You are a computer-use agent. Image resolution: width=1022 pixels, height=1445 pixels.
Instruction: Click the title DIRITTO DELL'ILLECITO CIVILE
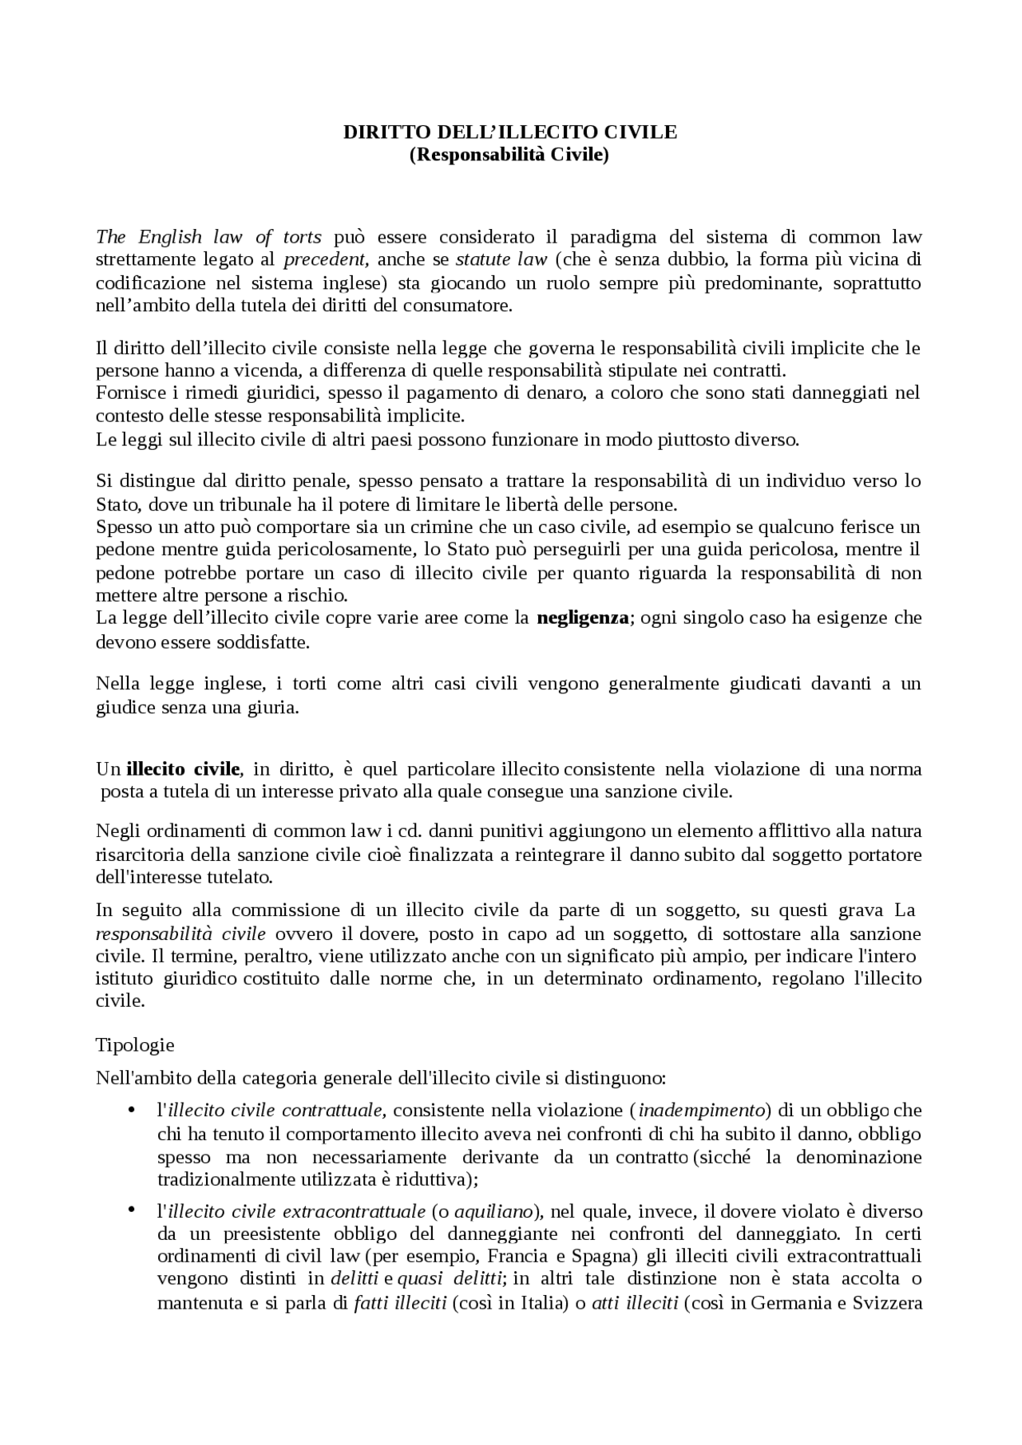click(509, 132)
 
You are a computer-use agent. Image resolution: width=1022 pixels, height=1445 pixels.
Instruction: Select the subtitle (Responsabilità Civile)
click(509, 154)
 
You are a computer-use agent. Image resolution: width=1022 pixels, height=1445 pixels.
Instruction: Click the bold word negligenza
click(583, 618)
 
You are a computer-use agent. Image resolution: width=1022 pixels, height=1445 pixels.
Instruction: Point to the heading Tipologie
click(135, 1044)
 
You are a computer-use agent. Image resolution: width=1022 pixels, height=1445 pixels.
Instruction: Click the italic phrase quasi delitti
click(450, 1279)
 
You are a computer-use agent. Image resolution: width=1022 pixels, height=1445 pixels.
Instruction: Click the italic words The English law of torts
click(208, 237)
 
